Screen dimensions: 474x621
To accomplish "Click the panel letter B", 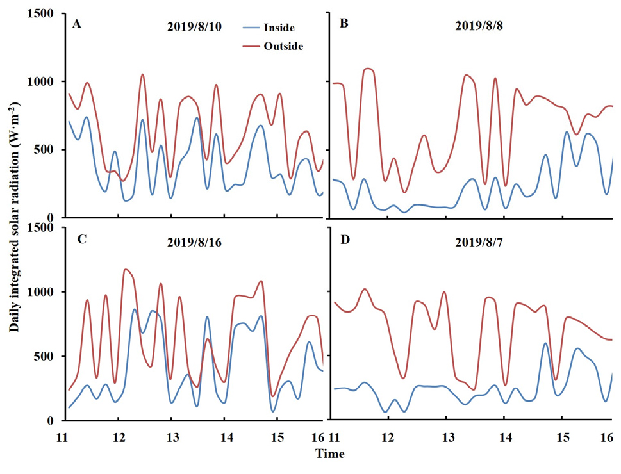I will coord(344,26).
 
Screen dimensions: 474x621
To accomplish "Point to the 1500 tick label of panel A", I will coord(42,13).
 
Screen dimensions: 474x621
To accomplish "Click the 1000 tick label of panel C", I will coord(42,291).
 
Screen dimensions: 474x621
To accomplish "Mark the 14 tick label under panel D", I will coord(505,437).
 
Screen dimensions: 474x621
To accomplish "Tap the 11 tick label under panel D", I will coord(334,437).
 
